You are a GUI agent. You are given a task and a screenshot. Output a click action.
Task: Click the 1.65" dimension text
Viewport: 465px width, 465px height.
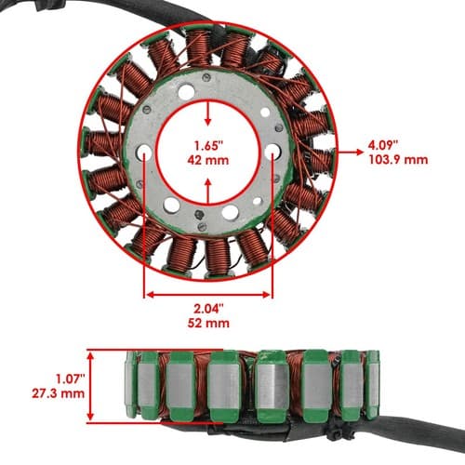[208, 145]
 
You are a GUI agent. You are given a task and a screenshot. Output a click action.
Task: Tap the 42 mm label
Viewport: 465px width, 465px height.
[208, 160]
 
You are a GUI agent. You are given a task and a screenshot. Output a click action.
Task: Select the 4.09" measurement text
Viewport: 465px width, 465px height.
[383, 144]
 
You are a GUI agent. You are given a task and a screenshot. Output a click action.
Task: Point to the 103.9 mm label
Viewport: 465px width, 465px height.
[398, 160]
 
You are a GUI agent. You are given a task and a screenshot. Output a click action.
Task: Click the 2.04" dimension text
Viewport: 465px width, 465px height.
[208, 309]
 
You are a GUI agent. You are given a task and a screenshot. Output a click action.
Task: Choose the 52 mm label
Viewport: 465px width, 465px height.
[208, 323]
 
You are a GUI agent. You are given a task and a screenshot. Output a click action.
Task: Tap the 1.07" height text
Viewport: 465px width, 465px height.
[70, 379]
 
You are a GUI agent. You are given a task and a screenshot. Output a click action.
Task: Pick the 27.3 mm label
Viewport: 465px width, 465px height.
[58, 393]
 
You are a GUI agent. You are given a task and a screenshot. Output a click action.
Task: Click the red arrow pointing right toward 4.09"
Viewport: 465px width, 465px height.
[351, 152]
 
